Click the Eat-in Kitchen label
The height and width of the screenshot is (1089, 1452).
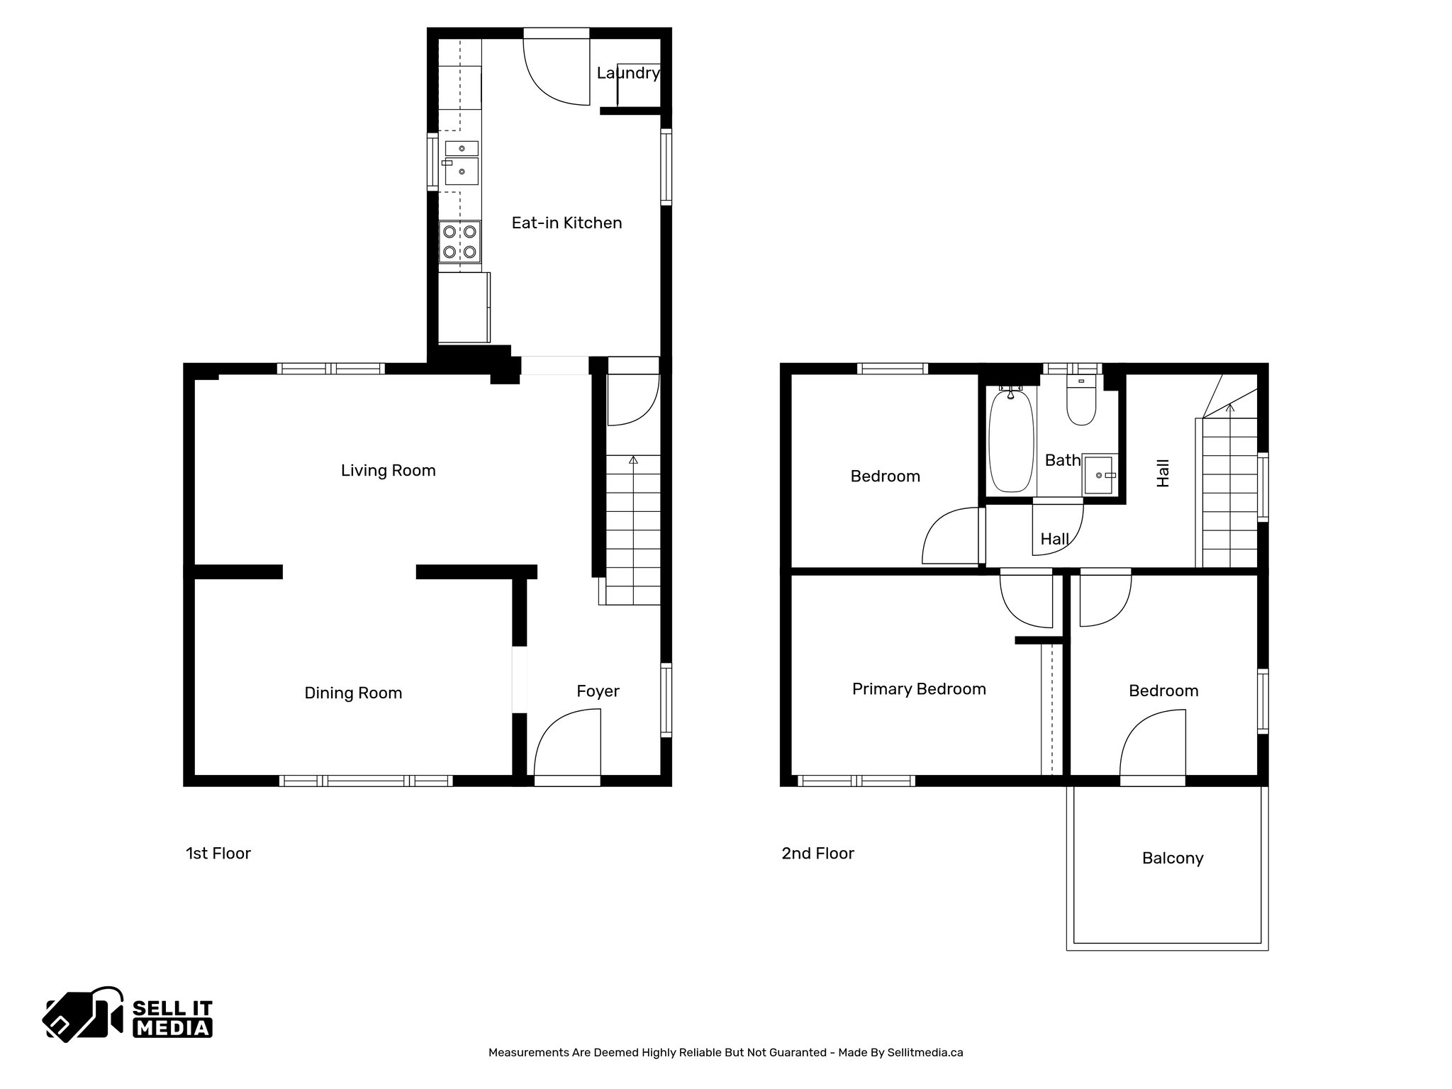pos(566,223)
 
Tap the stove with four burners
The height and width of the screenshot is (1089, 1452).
pos(459,241)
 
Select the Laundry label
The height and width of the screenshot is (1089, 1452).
pos(627,73)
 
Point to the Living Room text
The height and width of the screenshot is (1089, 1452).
pos(388,470)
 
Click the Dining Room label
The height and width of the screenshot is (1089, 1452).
pos(353,693)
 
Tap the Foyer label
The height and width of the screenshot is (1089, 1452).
pos(598,691)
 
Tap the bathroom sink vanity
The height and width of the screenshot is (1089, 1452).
pos(1100,474)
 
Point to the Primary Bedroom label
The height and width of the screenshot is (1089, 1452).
pos(919,689)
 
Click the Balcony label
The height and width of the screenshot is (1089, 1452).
pos(1173,859)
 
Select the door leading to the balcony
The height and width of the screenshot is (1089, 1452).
pos(1152,749)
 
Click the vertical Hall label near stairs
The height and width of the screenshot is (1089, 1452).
pos(1163,473)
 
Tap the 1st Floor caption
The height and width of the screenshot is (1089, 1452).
pos(218,853)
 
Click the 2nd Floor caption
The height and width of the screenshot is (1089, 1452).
pos(817,853)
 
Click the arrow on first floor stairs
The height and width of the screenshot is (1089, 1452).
pos(633,460)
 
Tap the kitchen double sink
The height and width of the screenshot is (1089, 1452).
pos(462,163)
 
